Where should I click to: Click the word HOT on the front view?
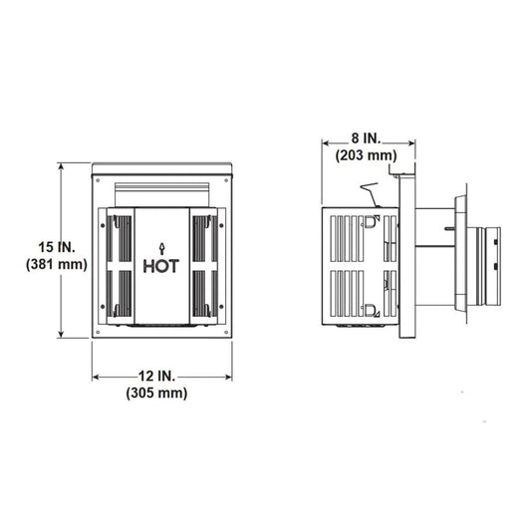pyautogui.click(x=161, y=266)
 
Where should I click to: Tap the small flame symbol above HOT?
pyautogui.click(x=161, y=243)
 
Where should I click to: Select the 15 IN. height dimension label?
pyautogui.click(x=39, y=245)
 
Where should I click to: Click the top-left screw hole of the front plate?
pyautogui.click(x=99, y=179)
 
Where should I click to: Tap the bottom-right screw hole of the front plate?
pyautogui.click(x=226, y=333)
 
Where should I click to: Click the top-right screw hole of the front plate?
pyautogui.click(x=226, y=179)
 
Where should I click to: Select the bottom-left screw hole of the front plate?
pyautogui.click(x=99, y=333)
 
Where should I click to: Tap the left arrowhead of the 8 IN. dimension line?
pyautogui.click(x=325, y=141)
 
